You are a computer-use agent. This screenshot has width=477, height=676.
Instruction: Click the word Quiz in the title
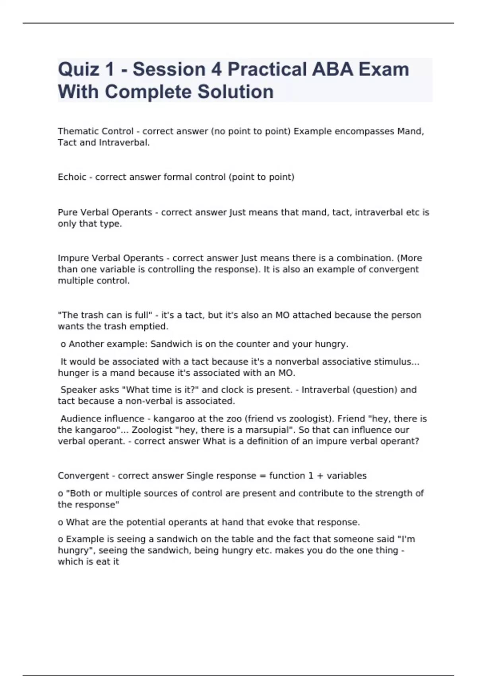(78, 69)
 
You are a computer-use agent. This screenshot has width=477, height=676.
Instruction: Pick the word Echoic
(72, 177)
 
